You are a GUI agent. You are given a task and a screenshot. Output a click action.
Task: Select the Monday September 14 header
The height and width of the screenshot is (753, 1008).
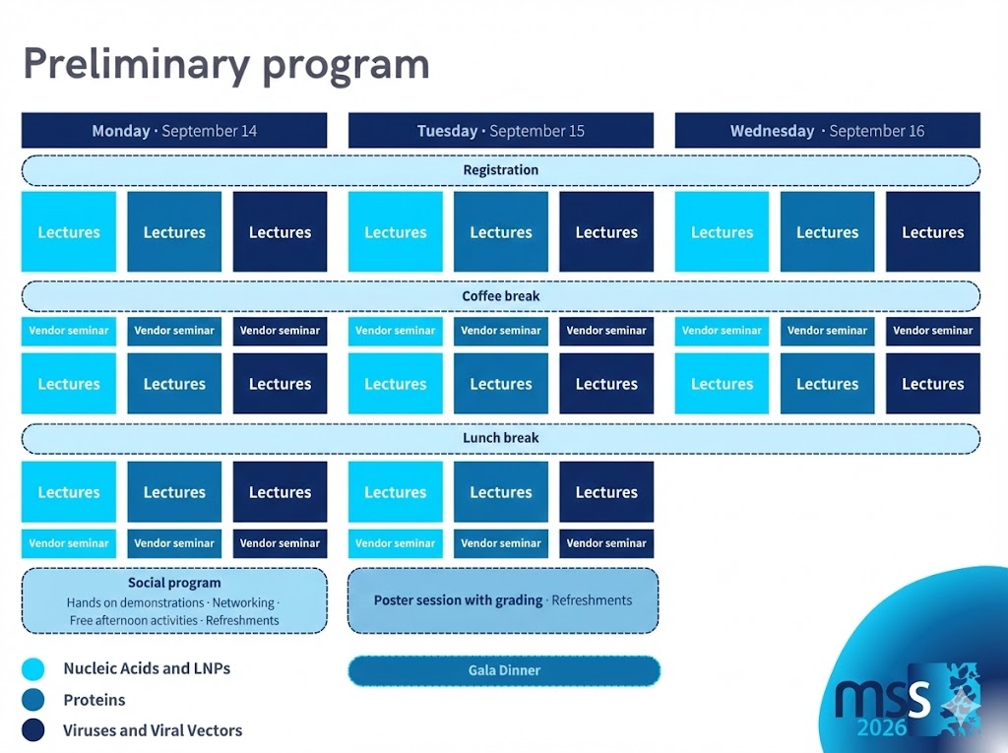click(x=174, y=131)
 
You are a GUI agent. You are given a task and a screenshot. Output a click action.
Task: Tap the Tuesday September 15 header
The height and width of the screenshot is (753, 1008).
click(x=500, y=131)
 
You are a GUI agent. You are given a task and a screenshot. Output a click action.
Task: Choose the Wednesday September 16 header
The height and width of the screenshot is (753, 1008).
click(x=827, y=131)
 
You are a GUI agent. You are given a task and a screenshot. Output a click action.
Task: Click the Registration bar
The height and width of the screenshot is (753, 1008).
click(x=500, y=170)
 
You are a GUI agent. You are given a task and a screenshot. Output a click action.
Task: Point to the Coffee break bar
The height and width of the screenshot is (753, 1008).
click(x=500, y=296)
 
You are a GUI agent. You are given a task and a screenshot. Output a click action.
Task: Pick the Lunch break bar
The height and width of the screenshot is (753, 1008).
click(x=500, y=438)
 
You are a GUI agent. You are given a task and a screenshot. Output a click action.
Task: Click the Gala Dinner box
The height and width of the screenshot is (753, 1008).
click(x=503, y=670)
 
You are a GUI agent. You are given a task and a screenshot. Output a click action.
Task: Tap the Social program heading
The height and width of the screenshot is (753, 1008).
click(x=174, y=583)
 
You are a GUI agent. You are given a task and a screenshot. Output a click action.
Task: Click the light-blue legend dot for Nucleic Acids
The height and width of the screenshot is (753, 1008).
click(x=33, y=669)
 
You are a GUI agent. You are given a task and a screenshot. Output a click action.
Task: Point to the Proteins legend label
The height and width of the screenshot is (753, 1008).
click(x=94, y=700)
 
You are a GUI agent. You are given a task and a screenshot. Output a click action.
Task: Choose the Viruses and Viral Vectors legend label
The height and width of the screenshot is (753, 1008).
click(x=153, y=730)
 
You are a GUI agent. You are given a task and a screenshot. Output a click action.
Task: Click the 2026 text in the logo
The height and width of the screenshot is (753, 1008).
click(x=882, y=728)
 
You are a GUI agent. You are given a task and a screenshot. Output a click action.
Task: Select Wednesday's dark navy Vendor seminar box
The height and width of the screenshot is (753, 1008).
click(x=932, y=331)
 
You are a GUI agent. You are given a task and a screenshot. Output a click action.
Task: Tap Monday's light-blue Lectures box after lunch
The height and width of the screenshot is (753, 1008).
click(x=69, y=492)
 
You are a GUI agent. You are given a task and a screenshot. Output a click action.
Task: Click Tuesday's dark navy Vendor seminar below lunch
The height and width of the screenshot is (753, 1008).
click(x=606, y=543)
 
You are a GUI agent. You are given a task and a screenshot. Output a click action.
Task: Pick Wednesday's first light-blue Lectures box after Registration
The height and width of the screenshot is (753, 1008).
click(x=722, y=232)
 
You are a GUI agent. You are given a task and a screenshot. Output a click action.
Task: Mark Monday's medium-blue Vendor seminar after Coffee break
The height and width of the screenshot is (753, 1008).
click(x=174, y=331)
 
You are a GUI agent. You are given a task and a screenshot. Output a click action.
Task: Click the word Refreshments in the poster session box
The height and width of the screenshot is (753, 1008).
click(x=592, y=600)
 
